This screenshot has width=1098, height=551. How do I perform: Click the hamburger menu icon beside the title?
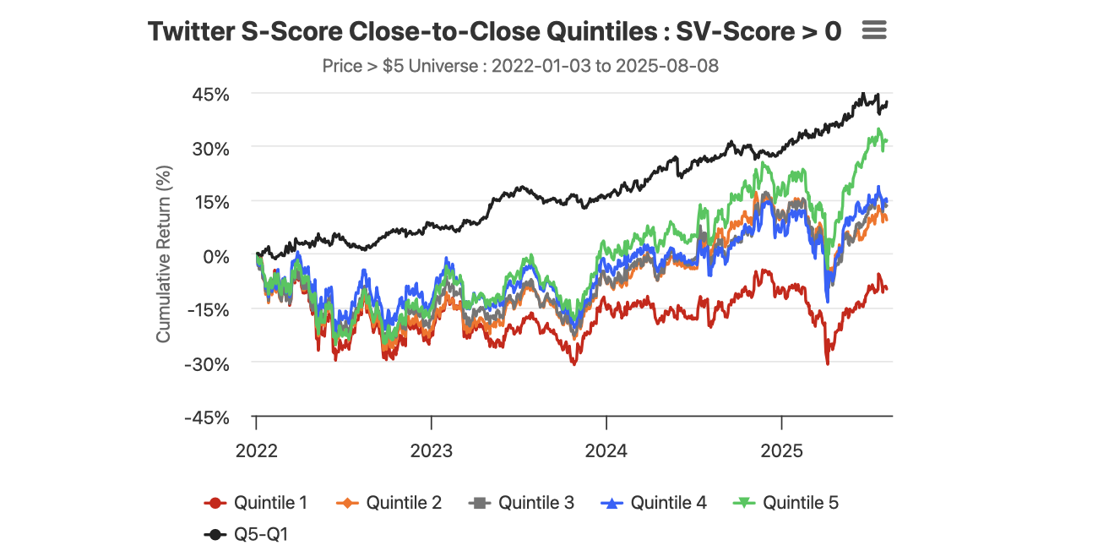(874, 30)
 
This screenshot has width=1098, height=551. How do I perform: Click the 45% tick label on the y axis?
(210, 94)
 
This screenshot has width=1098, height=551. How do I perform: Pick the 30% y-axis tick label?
(210, 148)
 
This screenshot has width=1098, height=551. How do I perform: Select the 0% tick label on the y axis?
(215, 256)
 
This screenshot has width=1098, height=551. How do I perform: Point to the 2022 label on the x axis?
(256, 450)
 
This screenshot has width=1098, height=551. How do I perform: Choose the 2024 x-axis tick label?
(606, 450)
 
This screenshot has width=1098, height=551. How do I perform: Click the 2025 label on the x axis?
(782, 450)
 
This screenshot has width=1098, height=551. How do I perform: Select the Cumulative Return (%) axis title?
(164, 254)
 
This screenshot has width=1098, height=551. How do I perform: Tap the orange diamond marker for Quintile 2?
(349, 503)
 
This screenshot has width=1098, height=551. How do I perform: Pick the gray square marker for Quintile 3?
(481, 503)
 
